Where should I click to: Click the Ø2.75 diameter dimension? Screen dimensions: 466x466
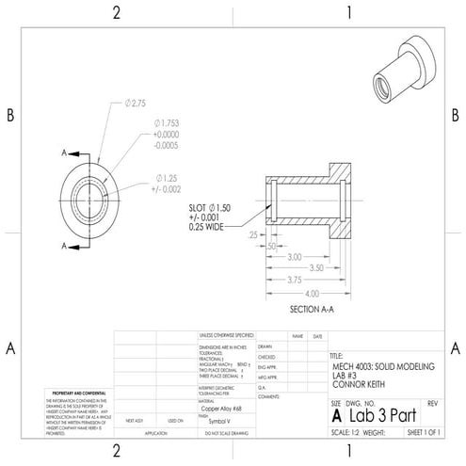(x=137, y=102)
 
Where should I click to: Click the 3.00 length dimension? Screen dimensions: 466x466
(x=295, y=256)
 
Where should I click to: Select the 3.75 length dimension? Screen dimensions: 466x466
(x=295, y=280)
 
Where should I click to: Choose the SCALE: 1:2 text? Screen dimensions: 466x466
(x=347, y=432)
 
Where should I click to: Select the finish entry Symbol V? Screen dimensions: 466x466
(x=218, y=422)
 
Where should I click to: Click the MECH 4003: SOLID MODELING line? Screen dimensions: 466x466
(x=384, y=366)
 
